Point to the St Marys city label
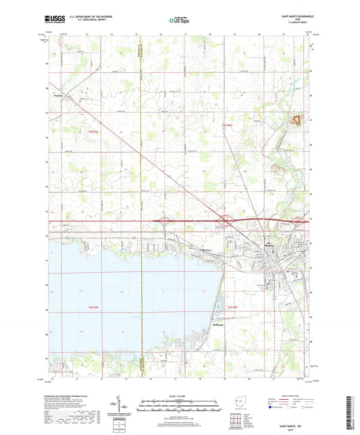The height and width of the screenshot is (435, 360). tap(269, 245)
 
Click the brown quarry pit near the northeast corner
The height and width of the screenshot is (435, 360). tap(294, 121)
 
